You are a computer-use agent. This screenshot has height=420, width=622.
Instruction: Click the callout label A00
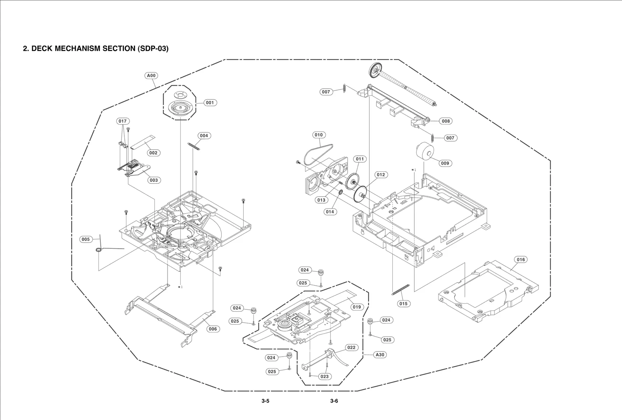pos(151,76)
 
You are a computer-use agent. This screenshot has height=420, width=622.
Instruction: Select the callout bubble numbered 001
pos(210,103)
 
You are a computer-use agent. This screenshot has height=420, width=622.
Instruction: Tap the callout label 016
pos(521,260)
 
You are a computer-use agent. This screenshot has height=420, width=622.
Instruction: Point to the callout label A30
pos(380,355)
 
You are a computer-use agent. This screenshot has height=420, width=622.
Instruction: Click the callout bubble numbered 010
pos(318,135)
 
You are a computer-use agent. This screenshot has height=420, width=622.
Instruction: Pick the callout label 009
pos(445,163)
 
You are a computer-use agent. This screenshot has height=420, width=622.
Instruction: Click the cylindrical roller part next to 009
pos(424,151)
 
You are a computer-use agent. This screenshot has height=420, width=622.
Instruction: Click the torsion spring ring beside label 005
pos(99,250)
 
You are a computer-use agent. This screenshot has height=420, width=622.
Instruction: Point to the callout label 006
pos(212,329)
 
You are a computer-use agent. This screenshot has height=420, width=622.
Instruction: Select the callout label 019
pos(356,307)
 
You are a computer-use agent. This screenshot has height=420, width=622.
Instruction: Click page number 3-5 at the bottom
pos(265,401)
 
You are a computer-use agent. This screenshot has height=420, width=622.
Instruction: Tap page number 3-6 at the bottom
pos(334,401)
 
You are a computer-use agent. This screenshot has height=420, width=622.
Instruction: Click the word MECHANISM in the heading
pos(78,49)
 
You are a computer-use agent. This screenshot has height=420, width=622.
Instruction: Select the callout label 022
pos(351,348)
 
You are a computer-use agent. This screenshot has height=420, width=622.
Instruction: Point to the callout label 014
pos(330,212)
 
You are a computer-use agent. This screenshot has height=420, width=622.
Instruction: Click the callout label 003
pos(154,180)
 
